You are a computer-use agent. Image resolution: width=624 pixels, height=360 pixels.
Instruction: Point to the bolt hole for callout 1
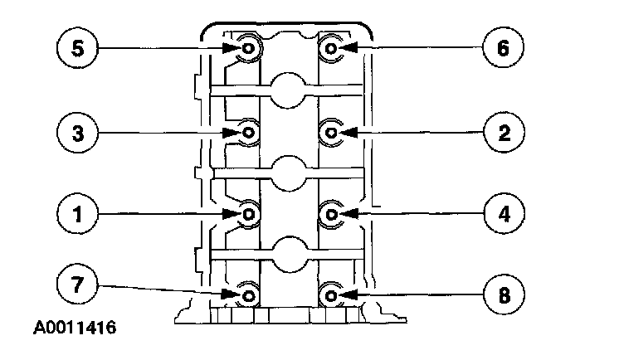click(248, 213)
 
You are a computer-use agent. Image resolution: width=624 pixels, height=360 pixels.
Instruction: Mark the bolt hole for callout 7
click(248, 294)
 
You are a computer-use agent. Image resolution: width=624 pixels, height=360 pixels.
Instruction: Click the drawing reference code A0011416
click(75, 328)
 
